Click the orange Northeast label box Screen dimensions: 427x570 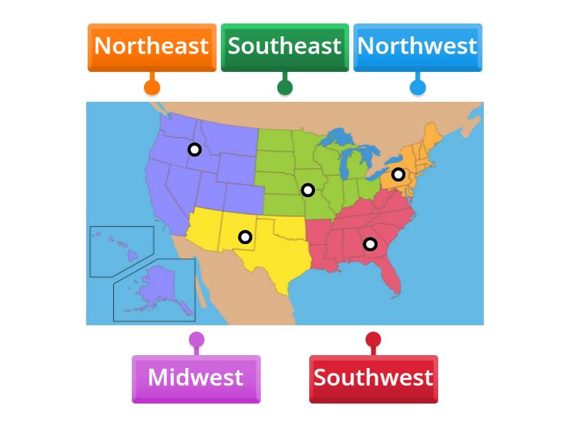pos(152,46)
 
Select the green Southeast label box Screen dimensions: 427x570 pos(284,46)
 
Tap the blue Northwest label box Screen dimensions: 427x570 pos(418,46)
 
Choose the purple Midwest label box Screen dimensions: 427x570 pos(196,378)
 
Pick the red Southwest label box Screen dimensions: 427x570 pos(373,378)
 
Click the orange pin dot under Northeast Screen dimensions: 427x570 pos(152,88)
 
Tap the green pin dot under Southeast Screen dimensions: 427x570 pos(284,88)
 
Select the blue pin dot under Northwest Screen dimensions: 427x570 pos(418,88)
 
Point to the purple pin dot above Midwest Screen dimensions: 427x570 pos(196,340)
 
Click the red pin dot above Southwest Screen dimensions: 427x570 pos(373,340)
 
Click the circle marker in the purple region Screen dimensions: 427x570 pos(195,149)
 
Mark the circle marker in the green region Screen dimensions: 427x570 pos(308,190)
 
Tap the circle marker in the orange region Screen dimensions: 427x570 pos(398,174)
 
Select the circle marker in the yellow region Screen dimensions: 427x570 pos(245,237)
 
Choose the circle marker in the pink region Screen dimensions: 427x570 pos(370,244)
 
